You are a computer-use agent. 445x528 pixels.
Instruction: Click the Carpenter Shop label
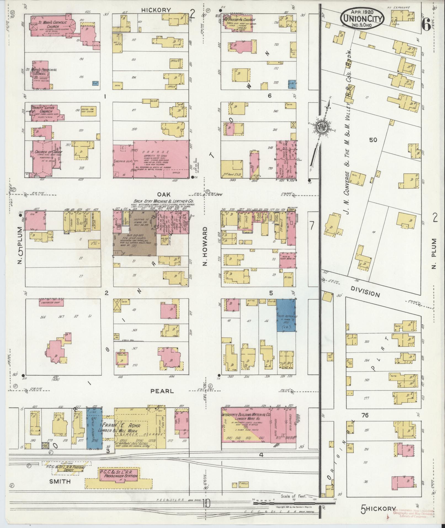pos(51,302)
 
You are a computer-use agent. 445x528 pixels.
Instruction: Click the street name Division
pos(365,291)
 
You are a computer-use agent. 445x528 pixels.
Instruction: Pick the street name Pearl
pos(162,391)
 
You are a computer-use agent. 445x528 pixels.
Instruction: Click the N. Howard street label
pos(205,246)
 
